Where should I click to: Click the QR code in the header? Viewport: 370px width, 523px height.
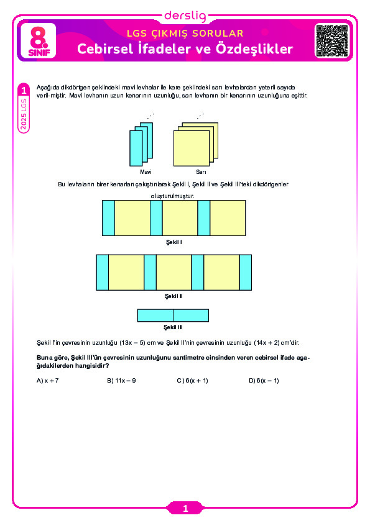pyautogui.click(x=332, y=41)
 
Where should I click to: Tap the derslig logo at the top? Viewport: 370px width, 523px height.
pyautogui.click(x=185, y=16)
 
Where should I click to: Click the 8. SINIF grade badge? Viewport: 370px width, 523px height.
pyautogui.click(x=39, y=41)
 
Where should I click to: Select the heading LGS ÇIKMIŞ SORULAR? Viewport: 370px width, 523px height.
pyautogui.click(x=185, y=34)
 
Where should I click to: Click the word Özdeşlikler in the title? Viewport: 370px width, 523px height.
pyautogui.click(x=254, y=48)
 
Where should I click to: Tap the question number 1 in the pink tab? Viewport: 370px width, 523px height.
pyautogui.click(x=24, y=91)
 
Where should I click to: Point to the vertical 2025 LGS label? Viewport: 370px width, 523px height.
pyautogui.click(x=24, y=114)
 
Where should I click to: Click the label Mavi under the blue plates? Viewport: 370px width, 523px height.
pyautogui.click(x=146, y=172)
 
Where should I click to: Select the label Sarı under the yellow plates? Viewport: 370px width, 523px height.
pyautogui.click(x=201, y=172)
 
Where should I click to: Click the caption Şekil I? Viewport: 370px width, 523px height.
pyautogui.click(x=174, y=242)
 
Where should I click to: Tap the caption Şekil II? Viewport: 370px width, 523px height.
pyautogui.click(x=173, y=296)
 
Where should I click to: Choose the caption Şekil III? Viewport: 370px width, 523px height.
pyautogui.click(x=173, y=327)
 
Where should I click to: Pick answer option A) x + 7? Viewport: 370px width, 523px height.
pyautogui.click(x=47, y=381)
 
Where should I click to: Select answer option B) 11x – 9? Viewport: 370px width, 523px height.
pyautogui.click(x=121, y=381)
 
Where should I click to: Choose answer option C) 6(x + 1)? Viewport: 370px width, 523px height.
pyautogui.click(x=192, y=381)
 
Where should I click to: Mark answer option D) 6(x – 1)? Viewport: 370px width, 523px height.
pyautogui.click(x=264, y=381)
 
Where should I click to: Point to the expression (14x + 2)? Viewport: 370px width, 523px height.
pyautogui.click(x=267, y=342)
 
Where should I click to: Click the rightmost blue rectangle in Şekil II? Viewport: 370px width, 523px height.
pyautogui.click(x=246, y=273)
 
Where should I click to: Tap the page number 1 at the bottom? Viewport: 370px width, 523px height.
pyautogui.click(x=185, y=509)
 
